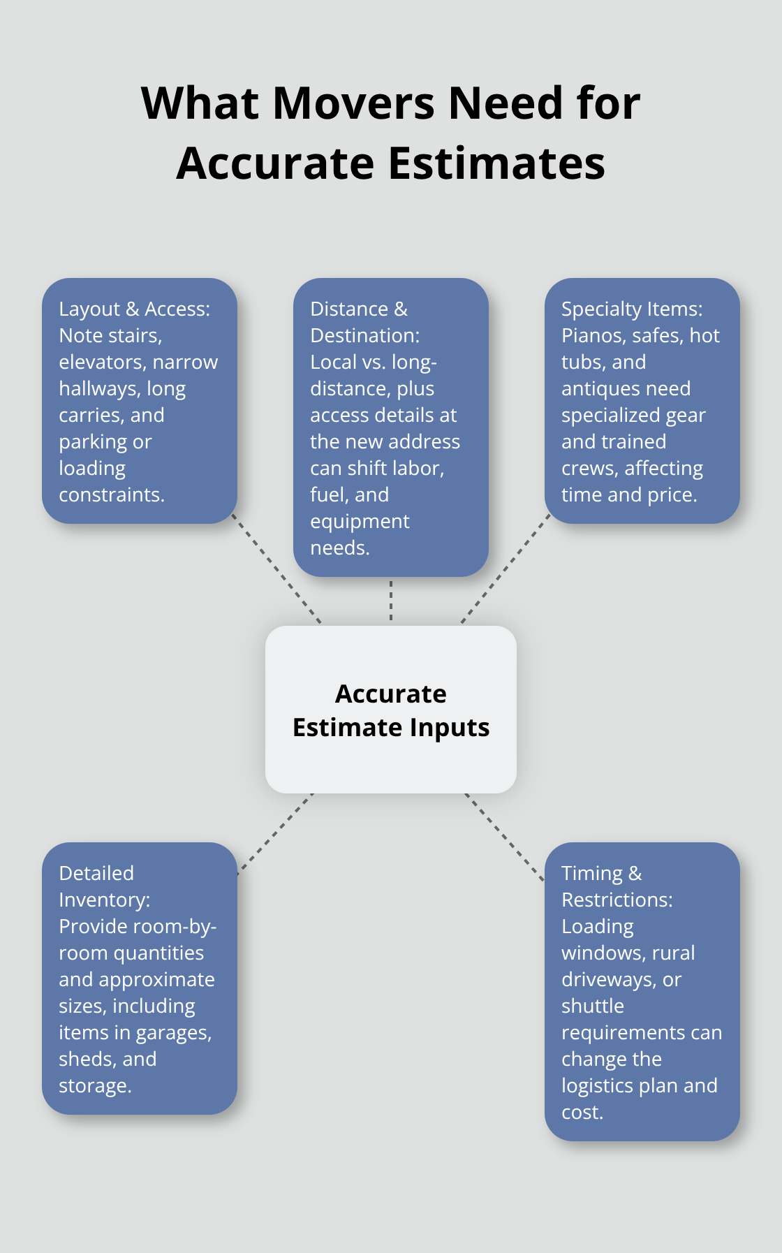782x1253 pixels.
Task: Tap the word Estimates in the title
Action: coord(496,163)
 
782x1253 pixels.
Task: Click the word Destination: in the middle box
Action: coord(364,336)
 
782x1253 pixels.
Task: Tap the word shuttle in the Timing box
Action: coord(592,1006)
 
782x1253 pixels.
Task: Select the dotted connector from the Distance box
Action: coord(391,601)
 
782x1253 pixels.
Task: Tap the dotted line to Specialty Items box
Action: coord(506,569)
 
